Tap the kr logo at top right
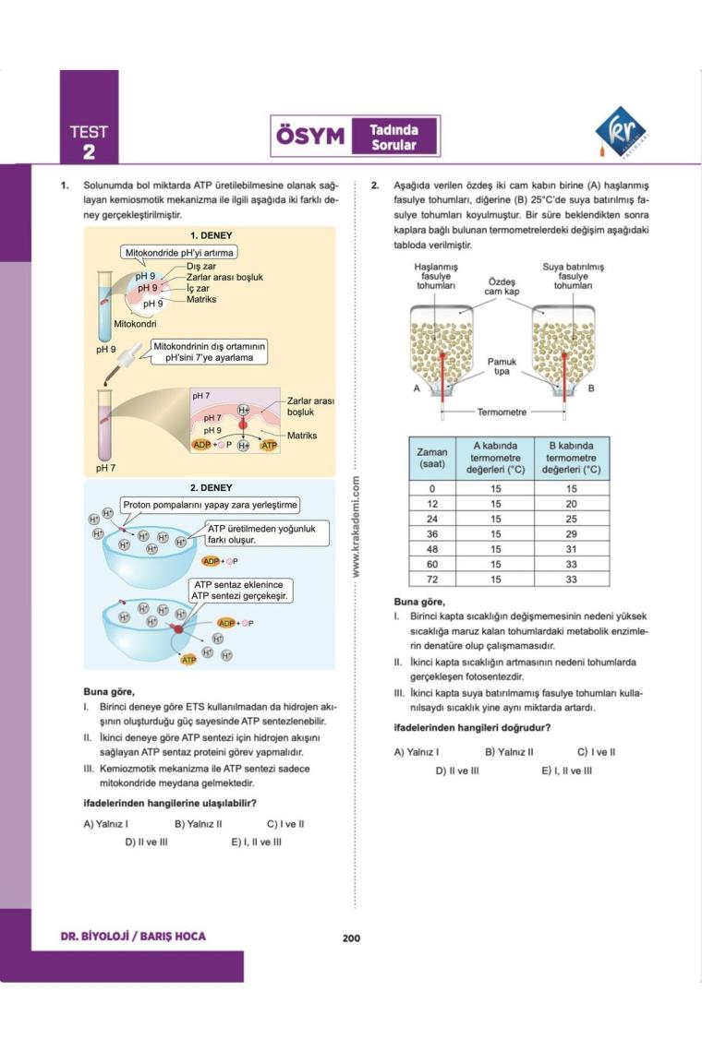tap(620, 131)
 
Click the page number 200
tap(351, 938)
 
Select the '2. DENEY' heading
tap(211, 487)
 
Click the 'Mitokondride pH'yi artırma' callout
tap(180, 252)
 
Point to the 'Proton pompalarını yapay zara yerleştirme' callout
tap(210, 505)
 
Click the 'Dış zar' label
tap(200, 266)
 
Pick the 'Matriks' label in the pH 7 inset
tap(301, 435)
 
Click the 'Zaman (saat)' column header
tap(432, 458)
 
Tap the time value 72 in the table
tap(432, 579)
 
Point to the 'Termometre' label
tap(502, 412)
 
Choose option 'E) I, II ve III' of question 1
tap(257, 842)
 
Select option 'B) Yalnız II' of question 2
tap(510, 751)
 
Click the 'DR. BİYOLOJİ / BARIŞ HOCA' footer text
tap(133, 937)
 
